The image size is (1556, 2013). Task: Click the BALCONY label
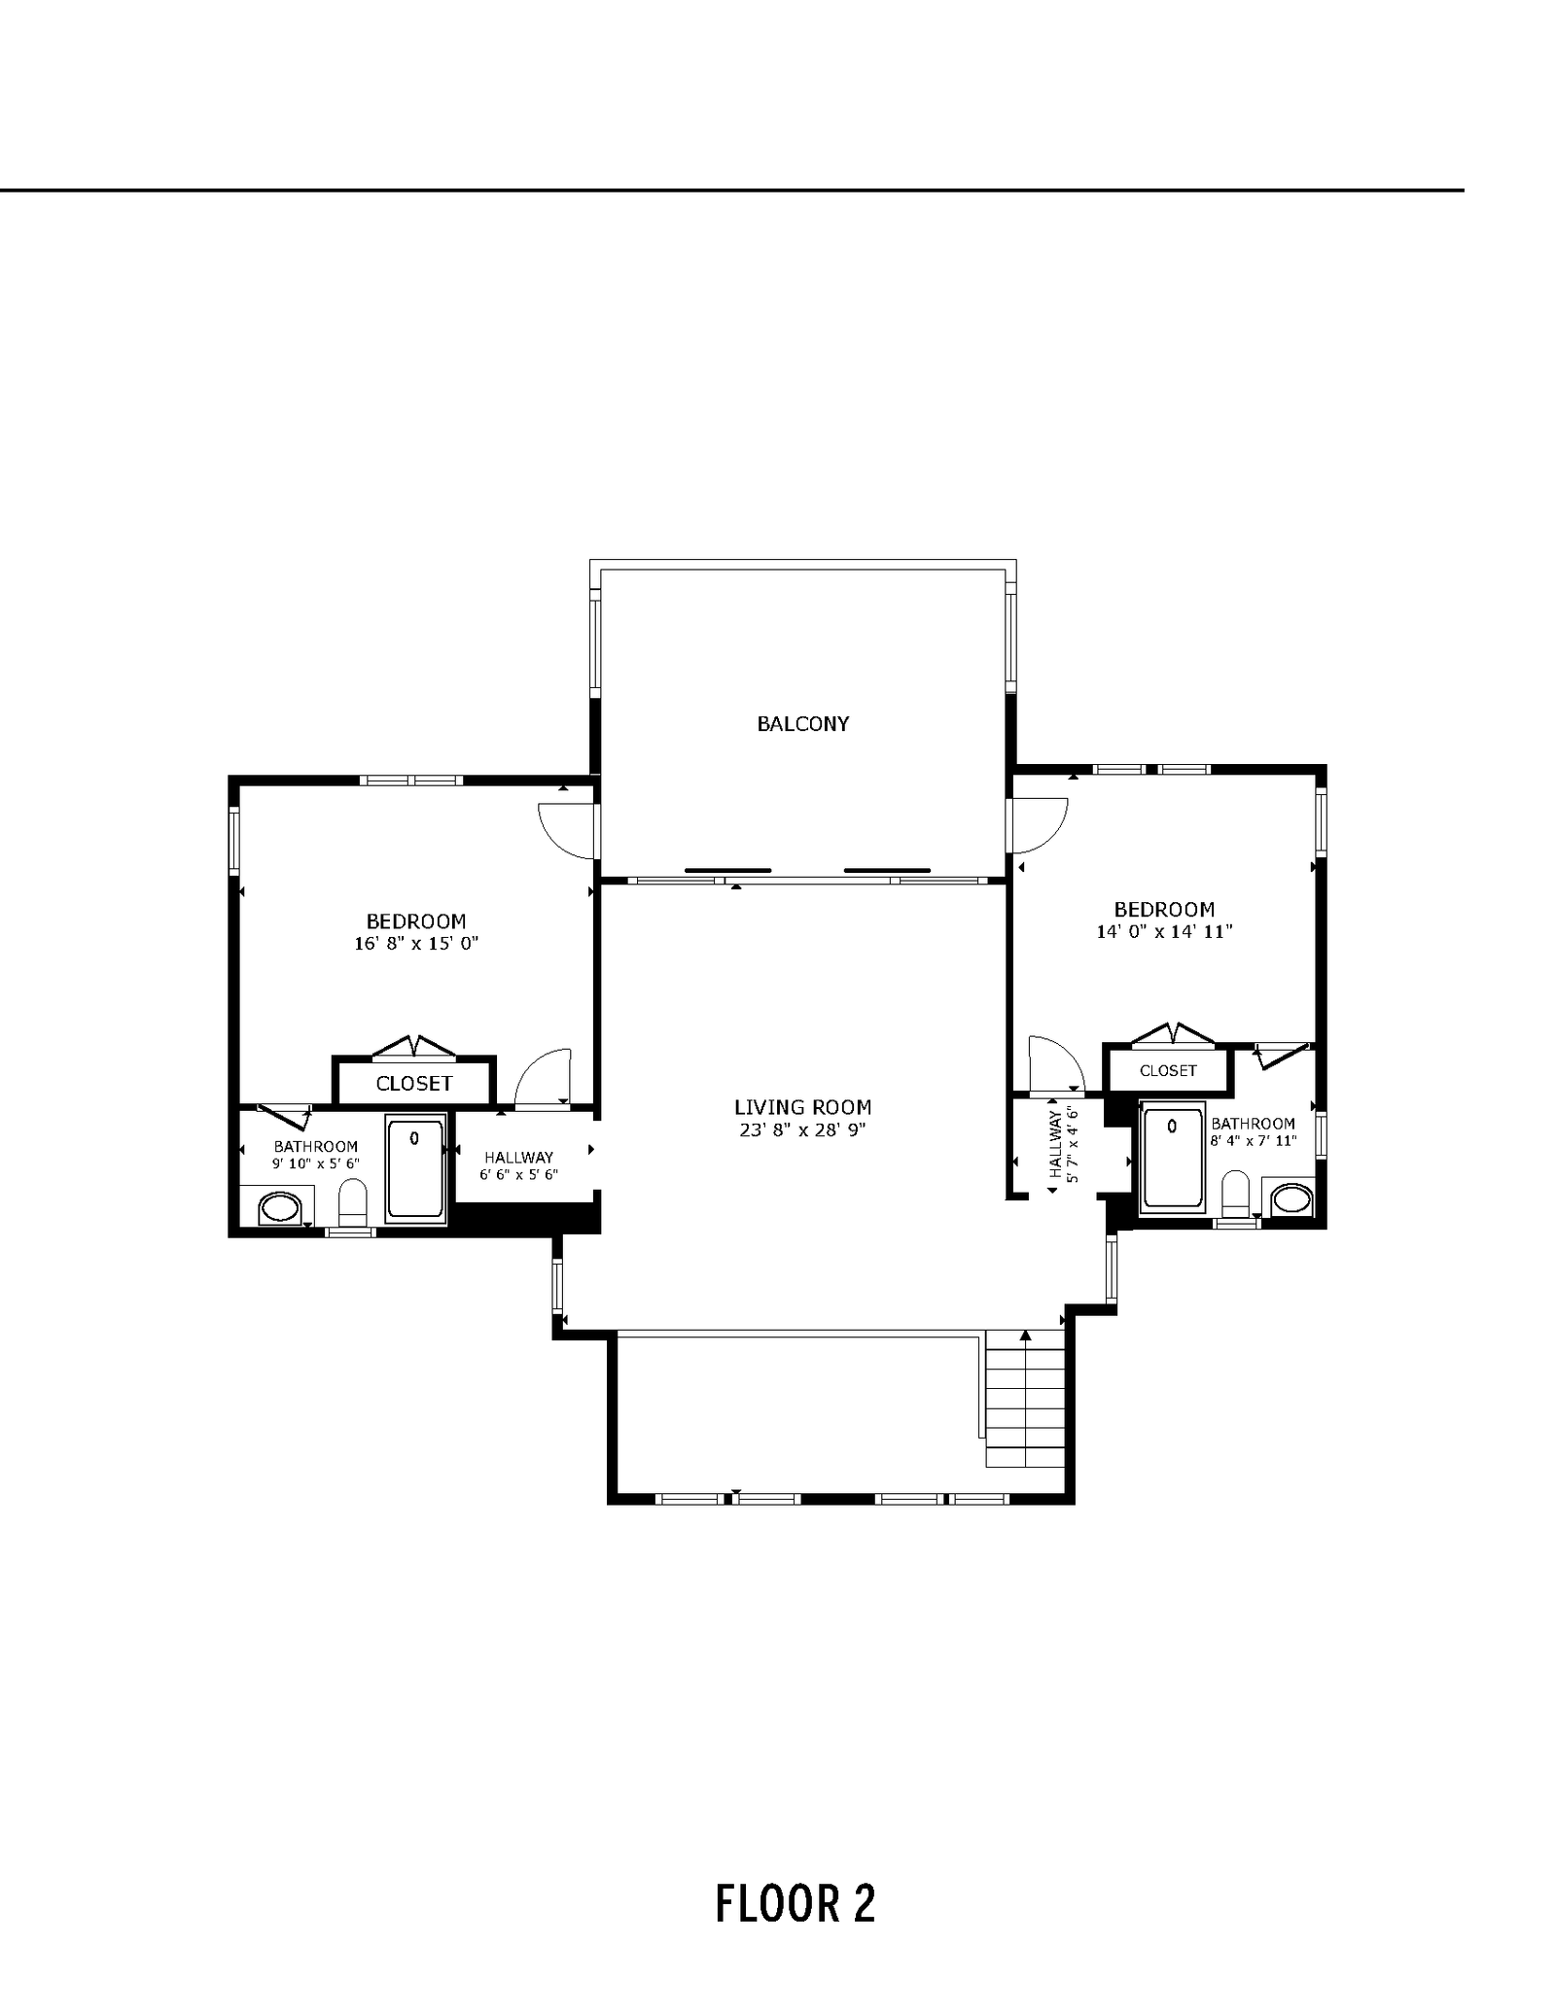point(803,723)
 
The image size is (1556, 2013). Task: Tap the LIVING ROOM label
point(802,1107)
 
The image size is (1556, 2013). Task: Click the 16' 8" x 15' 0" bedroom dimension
point(416,943)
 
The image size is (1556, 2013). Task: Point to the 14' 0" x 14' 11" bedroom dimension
point(1164,931)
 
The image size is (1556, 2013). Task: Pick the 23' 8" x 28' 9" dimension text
point(802,1129)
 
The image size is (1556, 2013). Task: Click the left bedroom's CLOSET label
point(414,1083)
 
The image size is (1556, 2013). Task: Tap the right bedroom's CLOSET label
point(1168,1070)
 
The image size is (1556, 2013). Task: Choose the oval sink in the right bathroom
point(1292,1197)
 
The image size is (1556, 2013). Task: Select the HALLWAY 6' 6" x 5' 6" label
point(518,1165)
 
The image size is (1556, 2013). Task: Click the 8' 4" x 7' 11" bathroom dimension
point(1254,1141)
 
